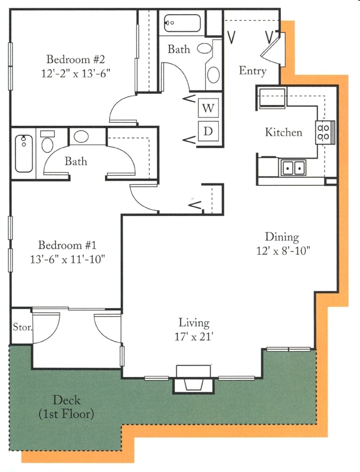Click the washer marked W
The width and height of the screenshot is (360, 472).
(x=208, y=108)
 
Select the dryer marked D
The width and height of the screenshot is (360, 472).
(x=208, y=131)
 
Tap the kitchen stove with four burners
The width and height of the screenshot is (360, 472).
(x=325, y=132)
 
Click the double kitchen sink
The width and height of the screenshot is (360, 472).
(x=293, y=168)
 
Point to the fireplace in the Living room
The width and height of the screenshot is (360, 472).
(x=193, y=379)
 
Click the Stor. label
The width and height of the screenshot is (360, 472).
(x=22, y=327)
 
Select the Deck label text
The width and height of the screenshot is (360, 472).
(x=67, y=407)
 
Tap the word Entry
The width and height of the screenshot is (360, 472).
(x=253, y=71)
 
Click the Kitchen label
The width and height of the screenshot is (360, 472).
(x=283, y=132)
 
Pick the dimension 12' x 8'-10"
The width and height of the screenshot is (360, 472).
(x=283, y=250)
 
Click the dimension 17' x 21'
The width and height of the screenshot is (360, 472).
(x=194, y=336)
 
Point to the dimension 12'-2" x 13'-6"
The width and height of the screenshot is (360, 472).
(x=76, y=73)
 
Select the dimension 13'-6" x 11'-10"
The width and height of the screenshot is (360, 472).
(x=67, y=259)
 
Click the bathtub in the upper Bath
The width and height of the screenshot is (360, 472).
(x=182, y=23)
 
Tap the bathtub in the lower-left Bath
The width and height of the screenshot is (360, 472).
(x=24, y=153)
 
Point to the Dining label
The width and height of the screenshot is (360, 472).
(x=282, y=237)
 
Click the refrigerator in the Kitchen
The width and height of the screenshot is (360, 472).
(x=273, y=98)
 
